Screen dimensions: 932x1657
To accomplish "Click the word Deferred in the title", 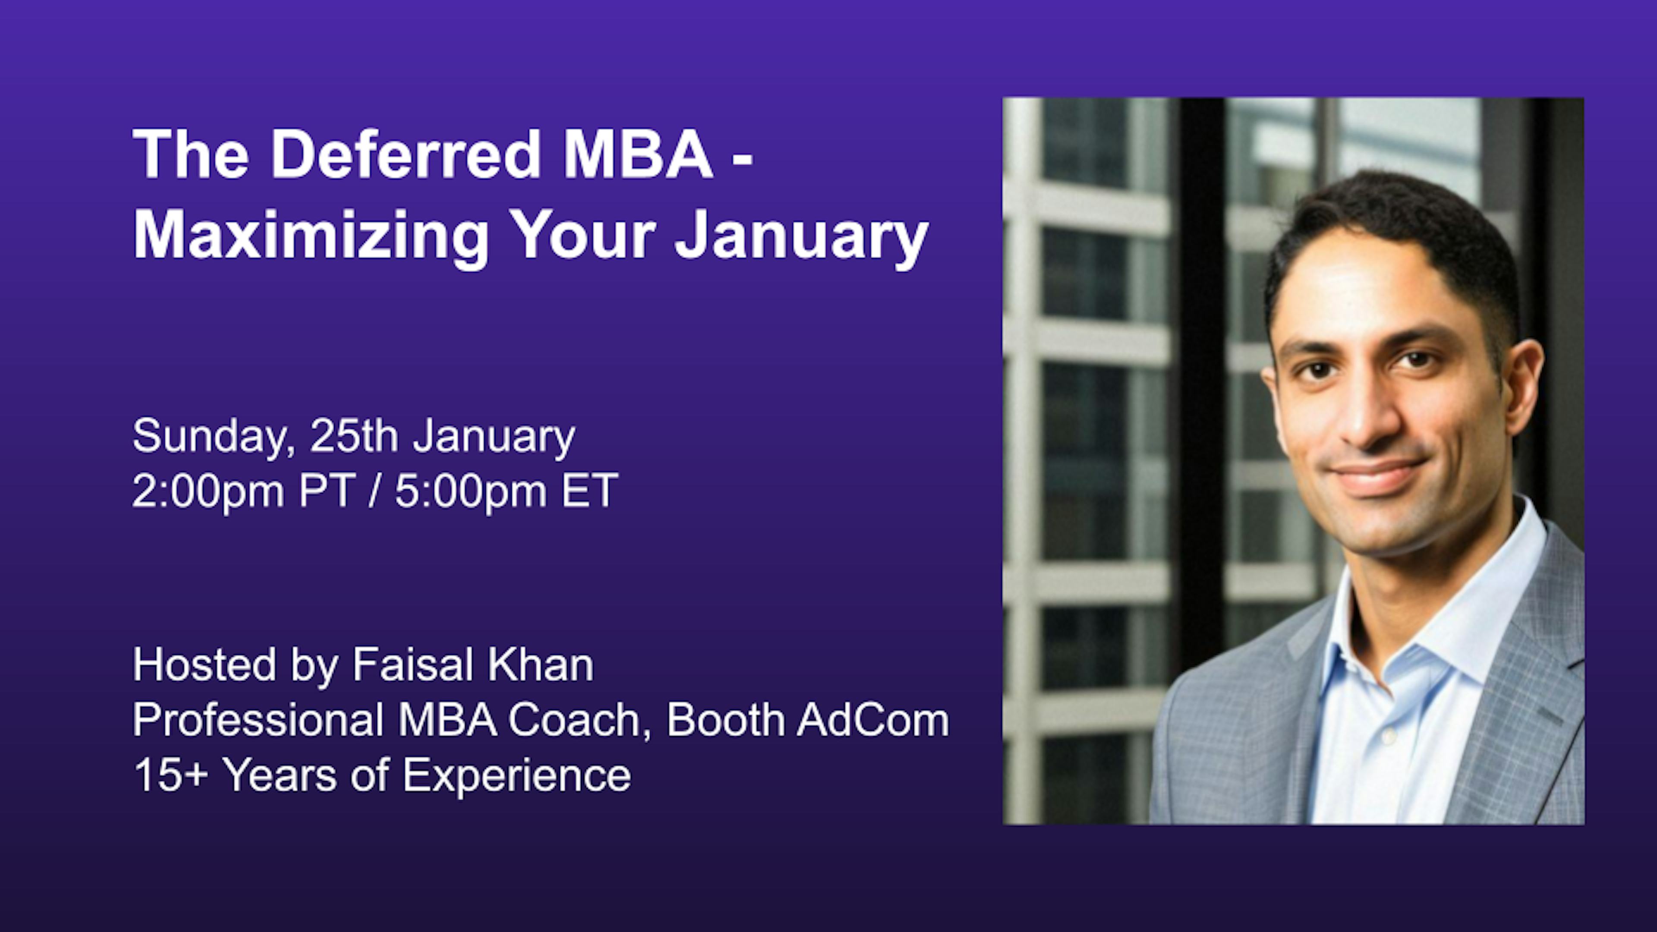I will [x=405, y=154].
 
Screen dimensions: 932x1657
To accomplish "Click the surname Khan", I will [x=540, y=664].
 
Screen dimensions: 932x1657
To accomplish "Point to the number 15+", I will [x=170, y=775].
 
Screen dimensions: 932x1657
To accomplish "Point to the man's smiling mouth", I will [x=1380, y=476].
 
